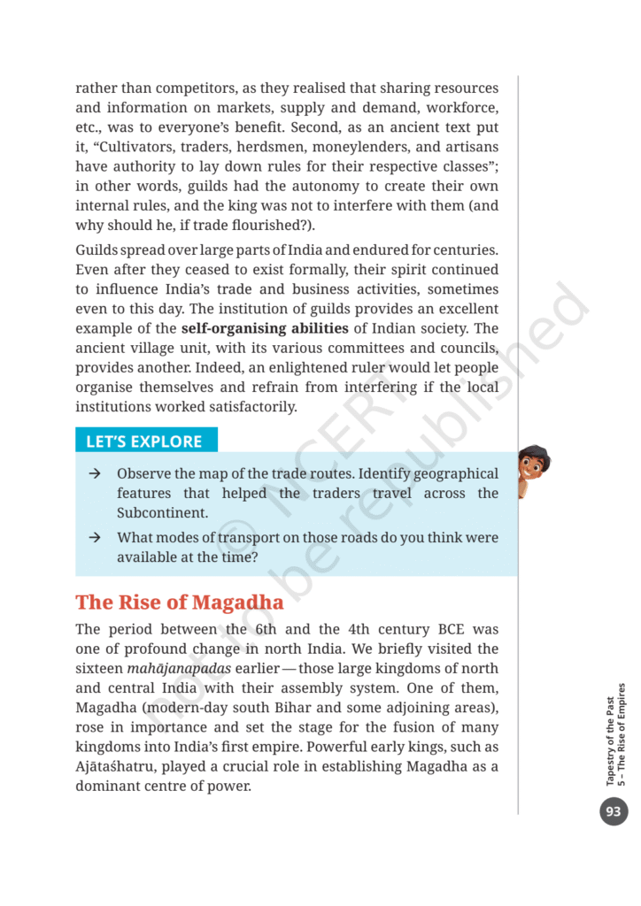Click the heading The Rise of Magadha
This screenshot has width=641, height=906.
tap(180, 603)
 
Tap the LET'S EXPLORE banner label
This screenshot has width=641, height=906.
tap(143, 441)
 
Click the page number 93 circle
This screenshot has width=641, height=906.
tap(614, 811)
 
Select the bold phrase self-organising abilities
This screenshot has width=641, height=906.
tap(265, 329)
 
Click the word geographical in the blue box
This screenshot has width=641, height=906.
tap(453, 474)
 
